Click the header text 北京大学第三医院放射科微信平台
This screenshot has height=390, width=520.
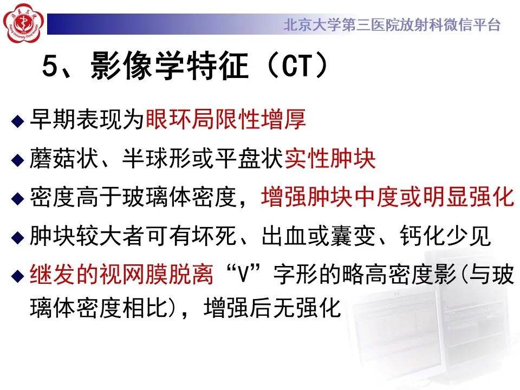click(x=392, y=25)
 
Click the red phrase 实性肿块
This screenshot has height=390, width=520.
click(x=330, y=159)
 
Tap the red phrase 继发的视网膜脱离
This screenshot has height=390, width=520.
click(x=125, y=276)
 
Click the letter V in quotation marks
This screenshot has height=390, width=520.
click(x=242, y=276)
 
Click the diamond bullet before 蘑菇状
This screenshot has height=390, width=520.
click(x=18, y=160)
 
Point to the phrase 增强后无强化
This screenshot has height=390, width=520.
click(x=272, y=308)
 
